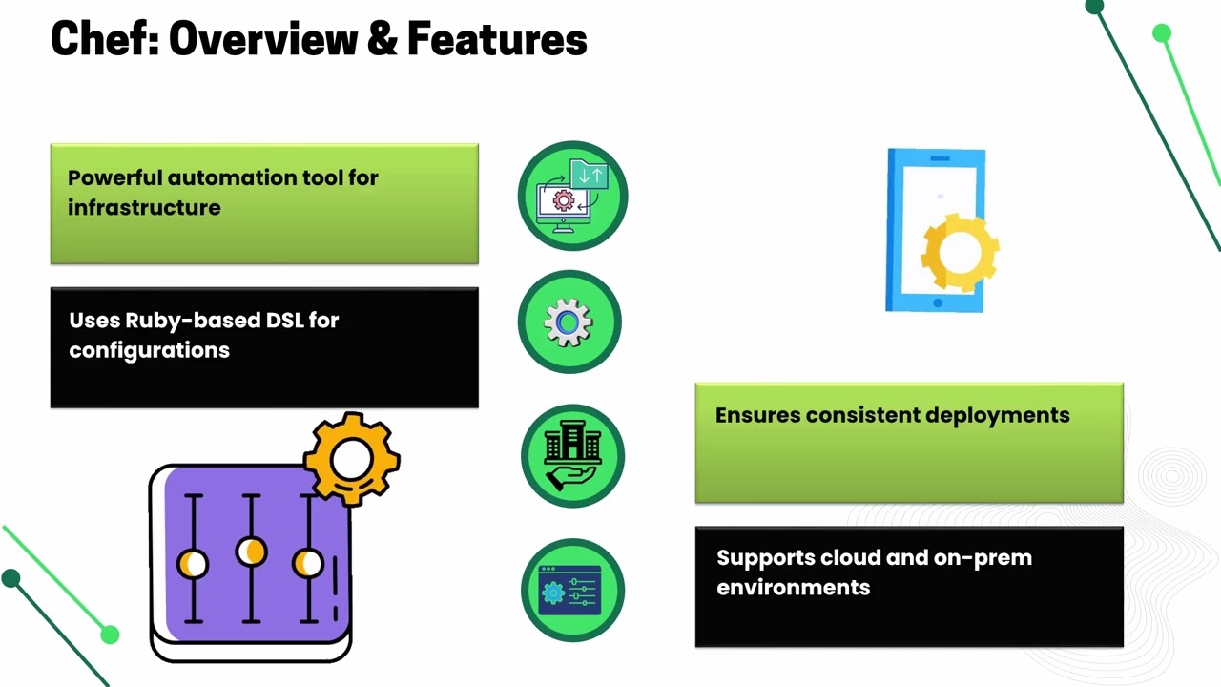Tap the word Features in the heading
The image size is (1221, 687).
tap(496, 40)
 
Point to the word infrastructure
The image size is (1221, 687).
tap(144, 208)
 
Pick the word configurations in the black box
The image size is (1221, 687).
tap(149, 350)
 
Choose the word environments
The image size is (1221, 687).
tap(793, 588)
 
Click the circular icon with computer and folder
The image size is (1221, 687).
tap(572, 196)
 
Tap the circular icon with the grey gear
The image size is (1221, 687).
tap(569, 323)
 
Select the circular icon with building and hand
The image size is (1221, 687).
tap(572, 456)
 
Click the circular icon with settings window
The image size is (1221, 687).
tap(572, 591)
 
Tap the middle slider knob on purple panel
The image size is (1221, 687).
tap(251, 552)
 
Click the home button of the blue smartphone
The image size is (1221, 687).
tap(937, 303)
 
